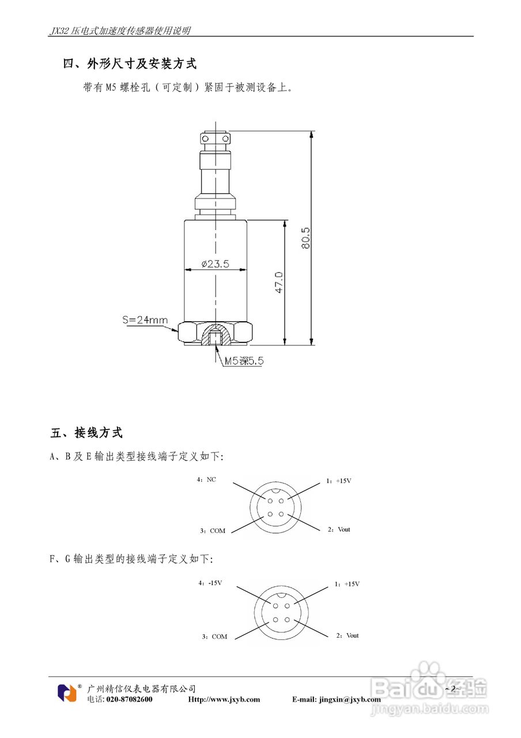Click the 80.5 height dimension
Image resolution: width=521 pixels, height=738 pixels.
click(x=305, y=238)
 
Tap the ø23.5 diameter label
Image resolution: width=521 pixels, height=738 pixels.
click(x=216, y=264)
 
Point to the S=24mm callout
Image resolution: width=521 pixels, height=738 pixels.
click(x=145, y=319)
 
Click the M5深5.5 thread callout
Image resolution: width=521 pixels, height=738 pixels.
click(x=244, y=361)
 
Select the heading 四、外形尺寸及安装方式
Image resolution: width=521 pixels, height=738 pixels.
click(x=130, y=64)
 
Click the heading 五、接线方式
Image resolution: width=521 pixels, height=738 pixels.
click(x=87, y=432)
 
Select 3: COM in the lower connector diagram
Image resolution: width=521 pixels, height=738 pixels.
click(x=214, y=637)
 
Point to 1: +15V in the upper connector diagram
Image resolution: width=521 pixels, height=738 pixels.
click(x=338, y=480)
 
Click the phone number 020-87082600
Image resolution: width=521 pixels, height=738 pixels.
click(x=130, y=699)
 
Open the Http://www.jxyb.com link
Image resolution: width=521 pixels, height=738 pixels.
click(x=224, y=699)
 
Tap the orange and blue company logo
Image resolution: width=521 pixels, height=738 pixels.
click(x=67, y=692)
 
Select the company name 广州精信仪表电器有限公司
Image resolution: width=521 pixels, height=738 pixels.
click(x=141, y=688)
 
